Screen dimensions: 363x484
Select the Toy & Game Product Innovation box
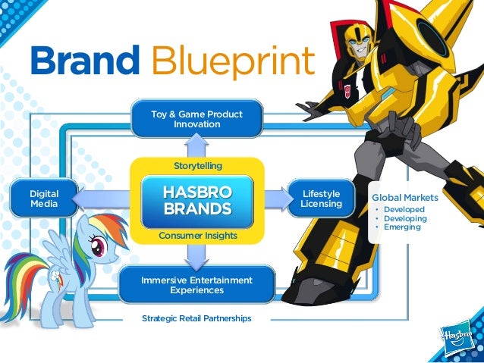(x=196, y=119)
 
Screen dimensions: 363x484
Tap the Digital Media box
(x=44, y=199)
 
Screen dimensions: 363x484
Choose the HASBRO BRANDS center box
(x=196, y=200)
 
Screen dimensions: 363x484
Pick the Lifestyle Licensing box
(x=321, y=199)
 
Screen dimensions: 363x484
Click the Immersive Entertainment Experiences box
(x=196, y=285)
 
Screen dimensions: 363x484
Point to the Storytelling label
(x=196, y=164)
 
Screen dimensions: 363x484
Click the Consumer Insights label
(x=197, y=236)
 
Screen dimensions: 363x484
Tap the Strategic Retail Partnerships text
(x=196, y=318)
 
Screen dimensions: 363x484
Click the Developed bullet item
(x=404, y=209)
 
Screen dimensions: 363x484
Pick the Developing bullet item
(x=405, y=218)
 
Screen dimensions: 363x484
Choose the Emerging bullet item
(x=402, y=227)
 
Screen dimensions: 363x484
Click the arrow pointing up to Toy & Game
(x=196, y=146)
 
